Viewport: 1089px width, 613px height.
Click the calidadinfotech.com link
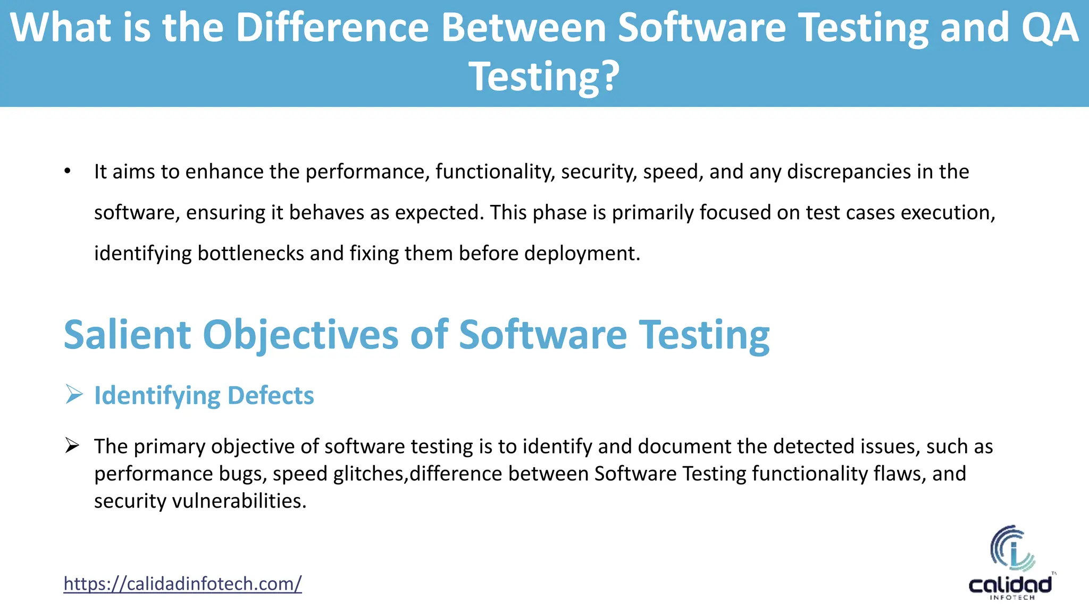[x=182, y=584]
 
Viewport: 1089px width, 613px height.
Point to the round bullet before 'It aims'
[x=67, y=172]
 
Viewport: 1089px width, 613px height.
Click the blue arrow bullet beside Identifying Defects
[x=74, y=395]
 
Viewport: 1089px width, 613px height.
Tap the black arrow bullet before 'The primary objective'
[x=72, y=446]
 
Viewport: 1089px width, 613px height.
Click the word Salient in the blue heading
[x=127, y=335]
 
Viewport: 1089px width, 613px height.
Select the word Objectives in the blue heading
[x=300, y=335]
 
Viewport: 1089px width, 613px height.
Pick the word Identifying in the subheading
[x=157, y=395]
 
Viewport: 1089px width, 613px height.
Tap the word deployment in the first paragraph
[x=582, y=253]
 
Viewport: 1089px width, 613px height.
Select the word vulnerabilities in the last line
[x=239, y=501]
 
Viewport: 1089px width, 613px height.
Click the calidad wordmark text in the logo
[x=1010, y=585]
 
